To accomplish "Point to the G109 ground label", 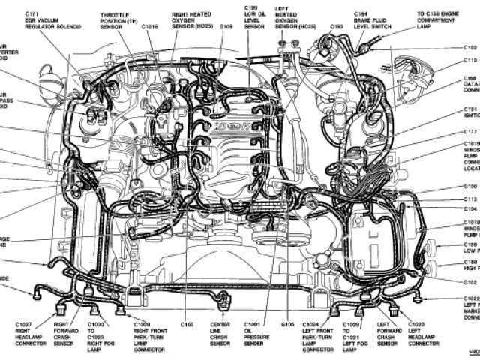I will tap(226, 27).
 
